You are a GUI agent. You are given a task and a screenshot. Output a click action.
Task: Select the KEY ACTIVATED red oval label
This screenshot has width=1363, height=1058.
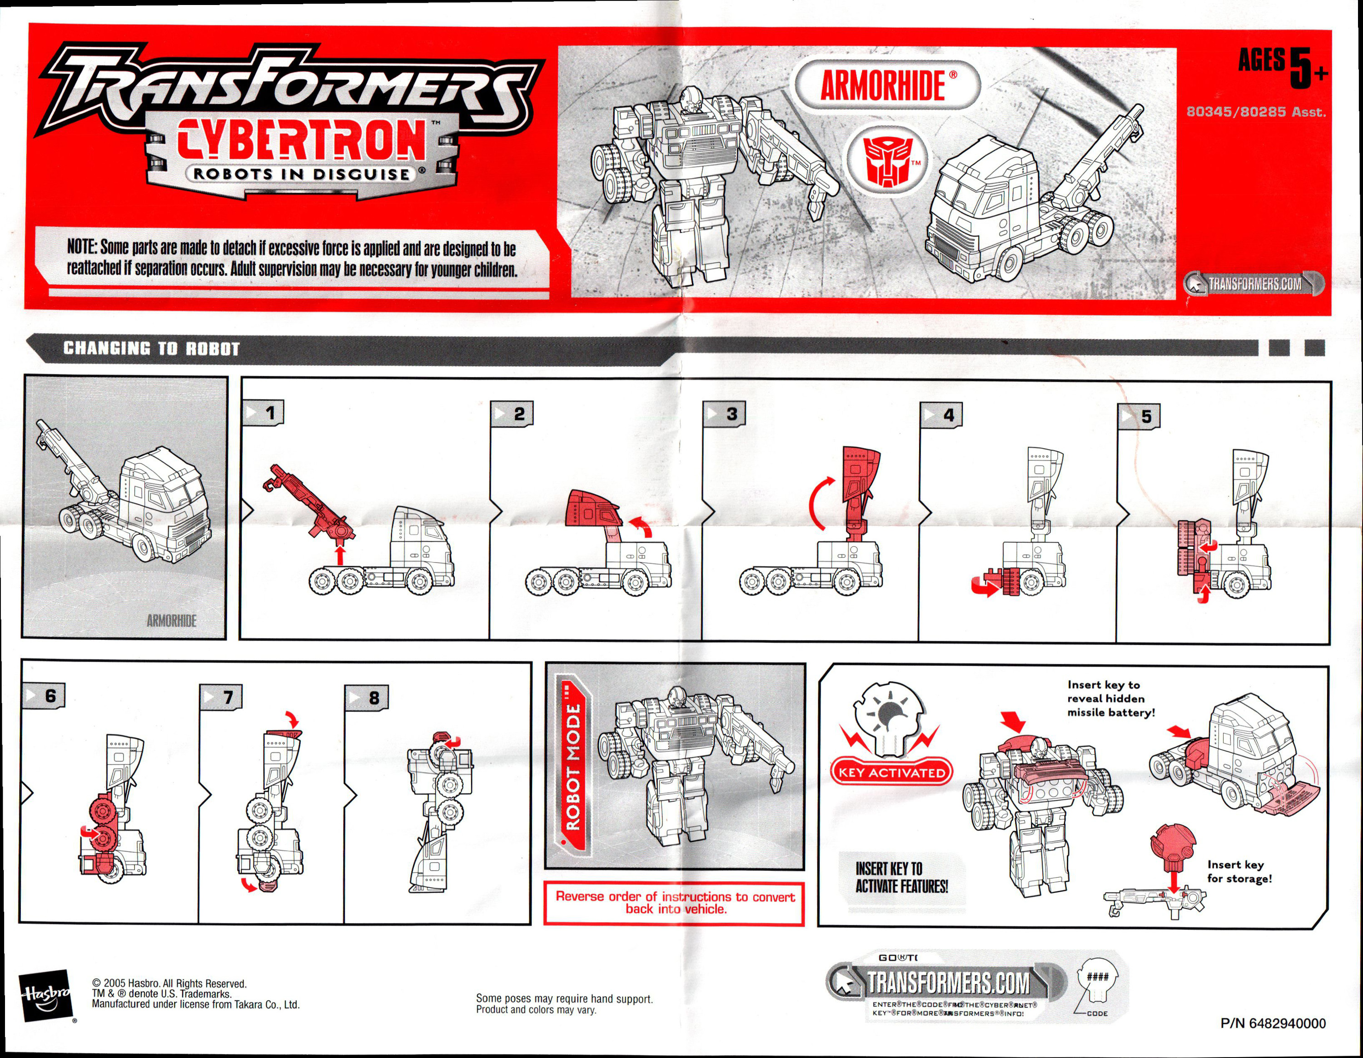click(x=892, y=772)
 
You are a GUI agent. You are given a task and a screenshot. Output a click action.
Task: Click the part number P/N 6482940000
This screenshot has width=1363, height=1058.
click(x=1273, y=1023)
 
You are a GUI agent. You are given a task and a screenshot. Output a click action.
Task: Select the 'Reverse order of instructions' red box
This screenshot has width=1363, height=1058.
click(x=675, y=903)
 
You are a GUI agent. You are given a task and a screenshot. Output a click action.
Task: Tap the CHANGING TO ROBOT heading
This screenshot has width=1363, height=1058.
click(x=152, y=348)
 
